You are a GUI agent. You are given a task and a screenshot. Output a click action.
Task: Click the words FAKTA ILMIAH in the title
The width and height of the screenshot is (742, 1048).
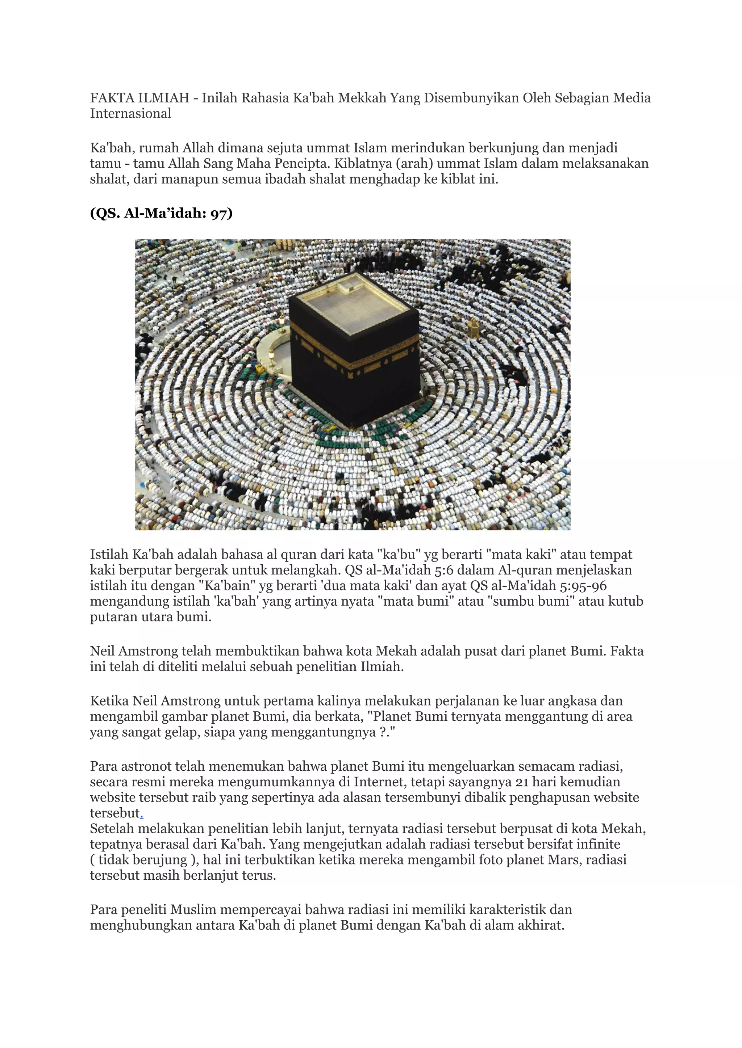pos(139,98)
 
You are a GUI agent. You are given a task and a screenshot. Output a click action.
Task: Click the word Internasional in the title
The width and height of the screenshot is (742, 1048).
pos(130,113)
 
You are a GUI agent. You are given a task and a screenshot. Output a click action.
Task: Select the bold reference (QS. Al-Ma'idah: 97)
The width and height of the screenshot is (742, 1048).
pos(161,213)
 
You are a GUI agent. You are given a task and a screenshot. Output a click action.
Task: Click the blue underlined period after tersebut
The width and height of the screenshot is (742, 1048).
pos(142,813)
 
